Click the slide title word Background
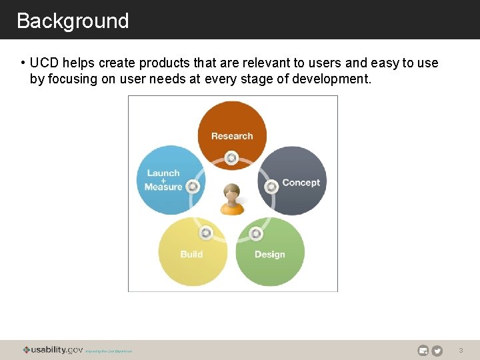(73, 21)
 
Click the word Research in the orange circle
(232, 136)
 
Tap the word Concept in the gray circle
(301, 183)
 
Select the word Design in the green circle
(269, 254)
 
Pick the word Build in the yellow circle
(191, 254)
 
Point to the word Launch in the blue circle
(163, 173)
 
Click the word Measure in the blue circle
(163, 187)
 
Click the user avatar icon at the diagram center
(232, 199)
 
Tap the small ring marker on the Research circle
(231, 158)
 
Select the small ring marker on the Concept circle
(271, 187)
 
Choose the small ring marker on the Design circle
(256, 233)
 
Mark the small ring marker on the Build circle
(206, 233)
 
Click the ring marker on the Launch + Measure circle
(193, 187)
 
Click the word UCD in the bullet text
(44, 63)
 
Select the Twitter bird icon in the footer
(437, 351)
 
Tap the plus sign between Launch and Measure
(163, 180)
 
